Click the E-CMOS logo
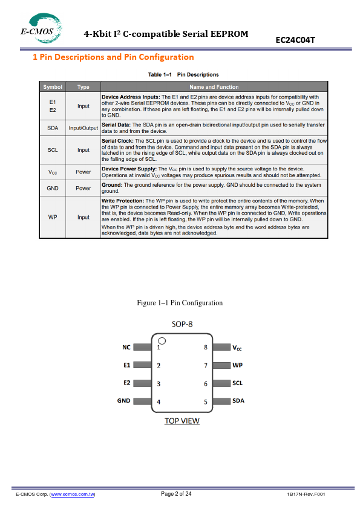41,28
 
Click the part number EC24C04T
295,40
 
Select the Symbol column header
53,87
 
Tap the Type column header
83,87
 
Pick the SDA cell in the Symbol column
53,128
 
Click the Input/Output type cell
83,128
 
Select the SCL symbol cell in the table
53,150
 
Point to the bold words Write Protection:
122,201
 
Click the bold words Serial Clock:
117,141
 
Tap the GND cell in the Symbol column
53,188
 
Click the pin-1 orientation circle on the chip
162,341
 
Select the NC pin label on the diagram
126,348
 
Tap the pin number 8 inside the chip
206,348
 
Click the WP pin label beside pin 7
238,365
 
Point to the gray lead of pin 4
142,401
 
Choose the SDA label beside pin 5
238,401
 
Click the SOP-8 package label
182,324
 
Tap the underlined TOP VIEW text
182,421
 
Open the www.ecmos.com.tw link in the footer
73,494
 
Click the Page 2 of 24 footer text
176,494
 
